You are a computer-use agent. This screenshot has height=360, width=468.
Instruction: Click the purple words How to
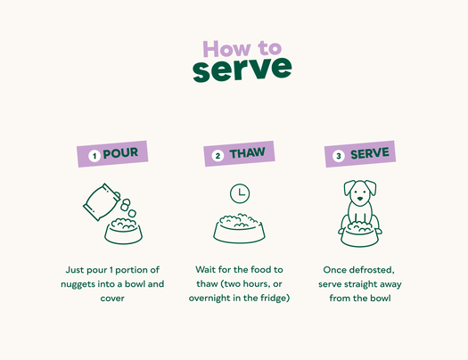[242, 49]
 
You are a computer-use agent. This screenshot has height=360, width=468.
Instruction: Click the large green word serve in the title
[242, 69]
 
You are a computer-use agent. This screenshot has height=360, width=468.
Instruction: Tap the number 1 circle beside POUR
[94, 156]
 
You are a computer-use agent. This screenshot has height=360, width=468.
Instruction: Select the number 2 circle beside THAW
[218, 156]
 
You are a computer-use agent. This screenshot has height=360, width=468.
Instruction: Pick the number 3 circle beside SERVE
[339, 156]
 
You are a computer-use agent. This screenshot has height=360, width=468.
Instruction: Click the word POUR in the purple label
[120, 153]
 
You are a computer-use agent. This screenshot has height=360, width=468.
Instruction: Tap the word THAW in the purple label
[247, 153]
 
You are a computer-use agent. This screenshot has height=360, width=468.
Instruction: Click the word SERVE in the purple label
[370, 153]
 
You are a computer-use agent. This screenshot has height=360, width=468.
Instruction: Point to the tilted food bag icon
[101, 202]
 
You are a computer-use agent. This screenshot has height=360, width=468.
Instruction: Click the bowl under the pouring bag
[123, 232]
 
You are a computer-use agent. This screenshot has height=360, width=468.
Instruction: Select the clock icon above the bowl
[240, 194]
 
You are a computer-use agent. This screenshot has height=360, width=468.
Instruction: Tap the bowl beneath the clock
[239, 228]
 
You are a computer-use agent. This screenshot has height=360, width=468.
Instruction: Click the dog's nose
[360, 199]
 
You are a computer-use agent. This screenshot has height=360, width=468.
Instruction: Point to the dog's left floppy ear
[349, 187]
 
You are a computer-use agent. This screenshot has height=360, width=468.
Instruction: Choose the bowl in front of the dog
[359, 234]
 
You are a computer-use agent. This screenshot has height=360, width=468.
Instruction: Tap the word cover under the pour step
[112, 299]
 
